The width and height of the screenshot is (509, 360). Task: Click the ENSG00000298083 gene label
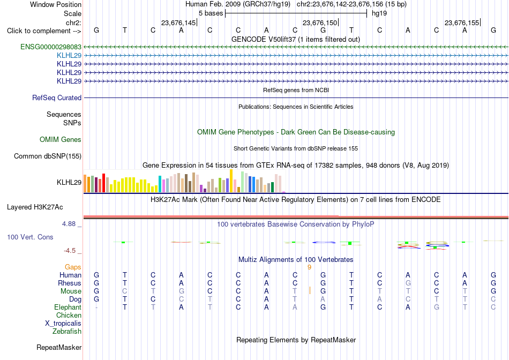coord(51,47)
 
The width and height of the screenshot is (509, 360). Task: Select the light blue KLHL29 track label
coord(69,55)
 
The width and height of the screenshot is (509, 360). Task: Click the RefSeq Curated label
coord(57,97)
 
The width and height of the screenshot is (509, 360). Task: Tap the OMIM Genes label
coord(61,140)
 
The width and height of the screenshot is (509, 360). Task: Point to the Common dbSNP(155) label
coord(48,156)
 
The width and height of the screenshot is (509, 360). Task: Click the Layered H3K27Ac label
coord(35,207)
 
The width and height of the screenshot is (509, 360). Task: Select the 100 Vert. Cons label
coord(30,237)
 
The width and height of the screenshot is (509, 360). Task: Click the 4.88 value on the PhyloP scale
coord(69,224)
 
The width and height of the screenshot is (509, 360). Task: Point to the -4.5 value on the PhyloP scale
coord(70,251)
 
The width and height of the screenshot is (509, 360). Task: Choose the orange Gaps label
coord(73,267)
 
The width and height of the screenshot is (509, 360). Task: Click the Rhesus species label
coord(70,283)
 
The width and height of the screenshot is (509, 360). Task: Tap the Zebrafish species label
coord(67,332)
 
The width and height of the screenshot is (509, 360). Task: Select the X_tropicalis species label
coord(63,324)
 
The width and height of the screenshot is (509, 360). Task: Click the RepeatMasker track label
coord(59,347)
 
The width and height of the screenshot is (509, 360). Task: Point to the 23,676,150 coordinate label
coord(320,22)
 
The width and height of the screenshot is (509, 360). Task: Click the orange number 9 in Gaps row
coord(309,267)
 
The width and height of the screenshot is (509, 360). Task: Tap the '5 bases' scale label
coord(211,13)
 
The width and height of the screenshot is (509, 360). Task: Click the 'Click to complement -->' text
coord(44,31)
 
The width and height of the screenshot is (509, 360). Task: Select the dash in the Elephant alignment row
coord(96,307)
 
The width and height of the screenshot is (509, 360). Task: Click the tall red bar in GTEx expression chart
coord(103,183)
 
